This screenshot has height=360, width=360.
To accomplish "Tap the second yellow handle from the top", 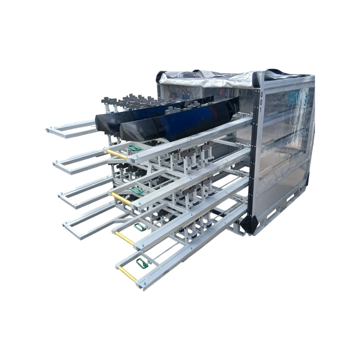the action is pos(121,198).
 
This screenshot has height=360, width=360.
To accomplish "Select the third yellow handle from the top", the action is pos(124,238).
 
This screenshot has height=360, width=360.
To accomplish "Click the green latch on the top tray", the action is pos(135,148).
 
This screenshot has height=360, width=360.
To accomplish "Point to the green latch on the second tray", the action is pos(137,190).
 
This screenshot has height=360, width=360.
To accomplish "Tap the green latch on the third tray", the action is pos(140,228).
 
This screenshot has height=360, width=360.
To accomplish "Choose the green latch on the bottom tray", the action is pos(142,263).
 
